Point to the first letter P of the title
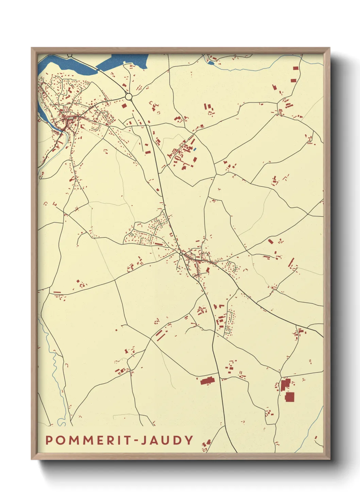point(49,440)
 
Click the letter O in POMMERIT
point(60,440)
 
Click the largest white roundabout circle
point(129,97)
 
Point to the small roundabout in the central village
point(181,254)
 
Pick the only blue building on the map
point(195,149)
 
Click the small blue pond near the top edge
point(211,63)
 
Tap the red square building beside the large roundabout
point(124,106)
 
